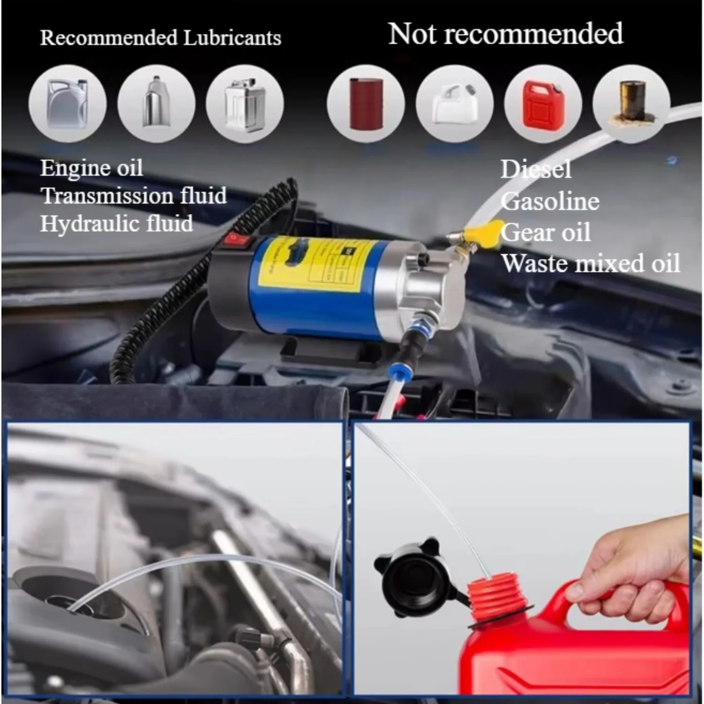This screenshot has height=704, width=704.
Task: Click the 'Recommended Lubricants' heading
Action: click(x=161, y=38)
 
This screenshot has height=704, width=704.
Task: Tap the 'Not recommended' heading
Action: click(x=505, y=34)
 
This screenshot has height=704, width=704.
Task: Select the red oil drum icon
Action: click(x=366, y=103)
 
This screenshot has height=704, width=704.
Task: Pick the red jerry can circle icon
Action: click(x=543, y=104)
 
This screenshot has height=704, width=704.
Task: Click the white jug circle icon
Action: click(x=454, y=103)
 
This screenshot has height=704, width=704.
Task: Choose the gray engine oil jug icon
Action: click(x=67, y=103)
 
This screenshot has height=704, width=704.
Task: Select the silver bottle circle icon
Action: click(x=156, y=103)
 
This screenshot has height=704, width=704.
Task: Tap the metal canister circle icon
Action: click(x=245, y=103)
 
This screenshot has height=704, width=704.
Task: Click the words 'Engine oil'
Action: click(x=92, y=168)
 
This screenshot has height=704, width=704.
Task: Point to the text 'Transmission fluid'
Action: click(x=134, y=195)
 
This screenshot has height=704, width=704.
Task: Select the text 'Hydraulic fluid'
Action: click(x=116, y=223)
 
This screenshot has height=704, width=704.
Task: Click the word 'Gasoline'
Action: click(x=550, y=202)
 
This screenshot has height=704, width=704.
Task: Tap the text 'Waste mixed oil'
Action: click(x=590, y=263)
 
